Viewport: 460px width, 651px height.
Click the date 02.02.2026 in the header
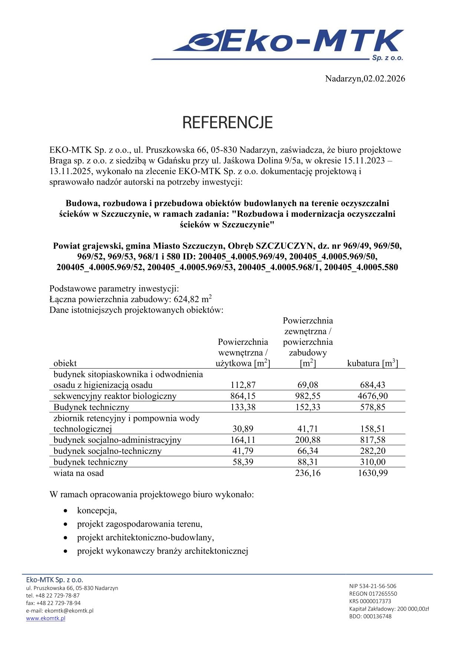[x=384, y=79]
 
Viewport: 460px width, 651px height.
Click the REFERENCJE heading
[x=227, y=123]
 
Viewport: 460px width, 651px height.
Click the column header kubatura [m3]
[x=372, y=363]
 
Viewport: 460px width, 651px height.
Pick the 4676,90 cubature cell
[x=372, y=396]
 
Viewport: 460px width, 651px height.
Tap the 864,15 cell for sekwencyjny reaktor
[x=243, y=396]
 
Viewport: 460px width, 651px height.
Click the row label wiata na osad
[x=79, y=473]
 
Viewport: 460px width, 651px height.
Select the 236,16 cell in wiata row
[x=308, y=473]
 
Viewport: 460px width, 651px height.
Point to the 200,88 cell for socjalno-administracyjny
[x=308, y=440]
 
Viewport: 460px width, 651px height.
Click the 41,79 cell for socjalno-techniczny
[x=243, y=451]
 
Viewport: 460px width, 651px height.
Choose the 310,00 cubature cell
[x=372, y=462]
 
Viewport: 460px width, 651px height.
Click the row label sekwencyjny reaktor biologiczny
[x=115, y=396]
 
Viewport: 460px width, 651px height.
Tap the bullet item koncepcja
[x=97, y=511]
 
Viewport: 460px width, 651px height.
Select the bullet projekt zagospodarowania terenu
[x=139, y=524]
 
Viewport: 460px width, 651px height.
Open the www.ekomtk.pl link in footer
[x=46, y=618]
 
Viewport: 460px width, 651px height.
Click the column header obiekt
[x=65, y=363]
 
